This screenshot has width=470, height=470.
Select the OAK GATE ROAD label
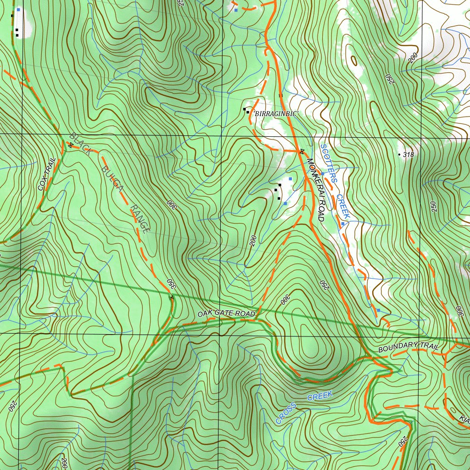pyautogui.click(x=226, y=313)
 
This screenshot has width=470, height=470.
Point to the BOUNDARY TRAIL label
pyautogui.click(x=409, y=347)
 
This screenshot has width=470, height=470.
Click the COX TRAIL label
pyautogui.click(x=47, y=174)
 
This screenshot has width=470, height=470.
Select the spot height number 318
pyautogui.click(x=408, y=155)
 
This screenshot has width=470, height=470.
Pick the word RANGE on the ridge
pyautogui.click(x=138, y=219)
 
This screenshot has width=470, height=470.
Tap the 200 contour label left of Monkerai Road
pyautogui.click(x=253, y=241)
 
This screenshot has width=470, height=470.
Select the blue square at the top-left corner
pyautogui.click(x=18, y=9)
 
